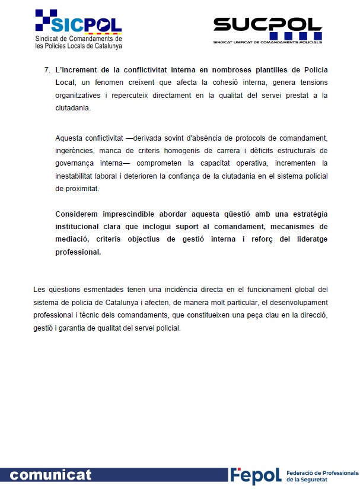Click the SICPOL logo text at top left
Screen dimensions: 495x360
[87, 24]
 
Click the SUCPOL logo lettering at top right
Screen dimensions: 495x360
[267, 26]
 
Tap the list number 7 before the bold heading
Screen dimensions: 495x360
[47, 69]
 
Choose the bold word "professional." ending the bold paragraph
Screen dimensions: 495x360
[78, 252]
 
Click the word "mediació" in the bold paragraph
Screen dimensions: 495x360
[73, 239]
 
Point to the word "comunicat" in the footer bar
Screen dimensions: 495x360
[51, 475]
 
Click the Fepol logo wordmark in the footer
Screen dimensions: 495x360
[256, 475]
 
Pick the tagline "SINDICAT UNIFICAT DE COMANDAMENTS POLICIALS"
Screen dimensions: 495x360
[267, 42]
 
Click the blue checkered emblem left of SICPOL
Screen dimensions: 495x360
[46, 20]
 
